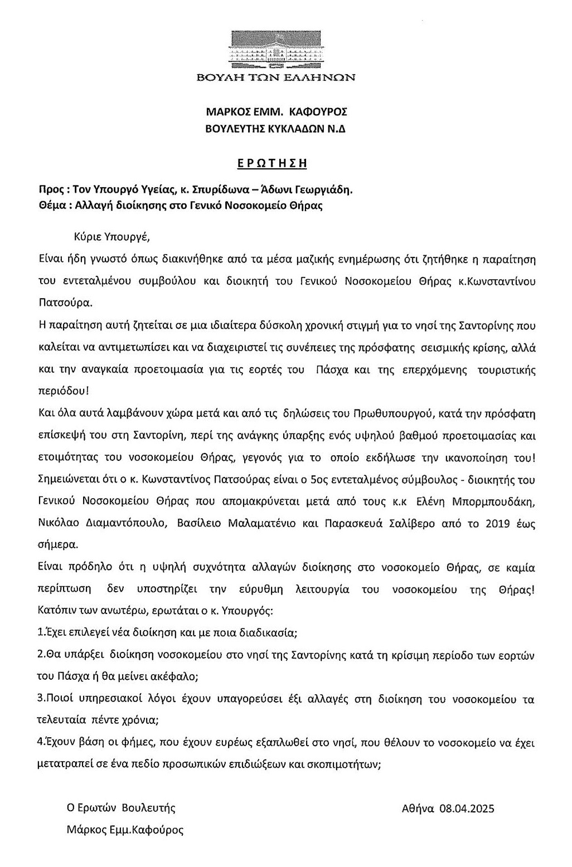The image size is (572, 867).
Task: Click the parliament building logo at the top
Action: click(276, 50)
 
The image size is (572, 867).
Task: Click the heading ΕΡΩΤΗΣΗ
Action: click(272, 163)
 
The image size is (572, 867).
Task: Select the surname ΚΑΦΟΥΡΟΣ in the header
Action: click(317, 112)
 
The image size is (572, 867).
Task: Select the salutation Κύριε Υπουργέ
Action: click(112, 236)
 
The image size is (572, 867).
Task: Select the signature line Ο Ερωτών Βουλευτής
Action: click(121, 808)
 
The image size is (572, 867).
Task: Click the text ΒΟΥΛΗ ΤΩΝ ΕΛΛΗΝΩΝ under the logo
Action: click(276, 77)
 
